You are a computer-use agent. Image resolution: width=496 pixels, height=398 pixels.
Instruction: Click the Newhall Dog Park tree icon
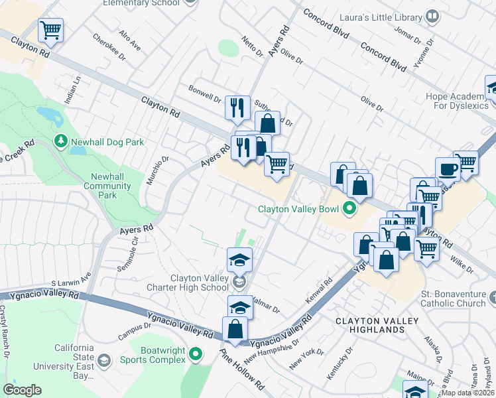coord(61,141)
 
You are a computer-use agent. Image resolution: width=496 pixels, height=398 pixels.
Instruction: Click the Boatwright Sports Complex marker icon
coord(195,355)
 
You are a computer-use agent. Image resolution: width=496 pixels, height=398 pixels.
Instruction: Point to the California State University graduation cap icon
coord(103,360)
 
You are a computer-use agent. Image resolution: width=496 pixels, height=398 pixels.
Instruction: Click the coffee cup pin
coord(448,168)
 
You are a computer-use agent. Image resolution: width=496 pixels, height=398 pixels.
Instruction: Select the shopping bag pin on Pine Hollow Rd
coord(235,328)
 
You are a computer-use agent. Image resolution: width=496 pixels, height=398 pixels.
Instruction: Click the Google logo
coord(22,390)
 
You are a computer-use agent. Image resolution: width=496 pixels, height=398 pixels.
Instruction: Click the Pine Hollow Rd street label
coord(233,371)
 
